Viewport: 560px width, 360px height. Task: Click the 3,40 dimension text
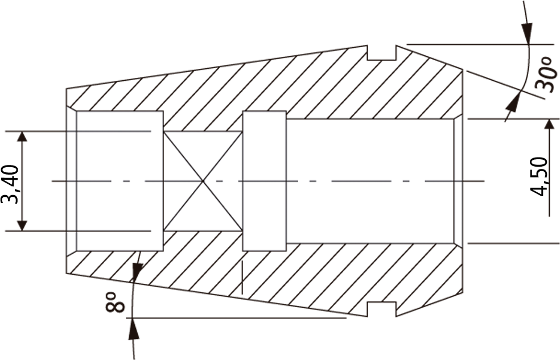pyautogui.click(x=10, y=184)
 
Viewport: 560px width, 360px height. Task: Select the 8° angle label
pyautogui.click(x=115, y=303)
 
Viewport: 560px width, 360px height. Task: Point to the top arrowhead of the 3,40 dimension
pyautogui.click(x=22, y=136)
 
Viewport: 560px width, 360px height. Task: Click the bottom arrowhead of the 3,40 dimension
pyautogui.click(x=22, y=225)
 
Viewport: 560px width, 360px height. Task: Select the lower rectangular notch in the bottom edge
pyautogui.click(x=382, y=309)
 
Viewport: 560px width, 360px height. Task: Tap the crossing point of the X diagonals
pyautogui.click(x=203, y=181)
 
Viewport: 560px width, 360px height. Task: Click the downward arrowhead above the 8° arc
pyautogui.click(x=137, y=270)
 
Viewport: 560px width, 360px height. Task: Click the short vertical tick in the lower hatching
pyautogui.click(x=242, y=278)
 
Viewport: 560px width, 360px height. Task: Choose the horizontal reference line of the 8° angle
pyautogui.click(x=238, y=317)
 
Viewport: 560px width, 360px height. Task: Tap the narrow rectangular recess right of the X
pyautogui.click(x=264, y=181)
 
